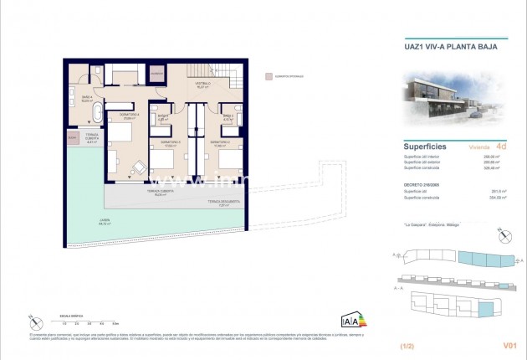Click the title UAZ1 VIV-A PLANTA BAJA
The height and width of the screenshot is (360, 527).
point(445,47)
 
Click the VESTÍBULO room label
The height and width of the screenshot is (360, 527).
point(202,85)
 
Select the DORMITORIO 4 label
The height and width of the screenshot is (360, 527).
point(127,116)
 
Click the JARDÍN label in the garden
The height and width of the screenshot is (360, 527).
point(105,224)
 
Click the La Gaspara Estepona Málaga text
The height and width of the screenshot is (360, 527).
point(426,225)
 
